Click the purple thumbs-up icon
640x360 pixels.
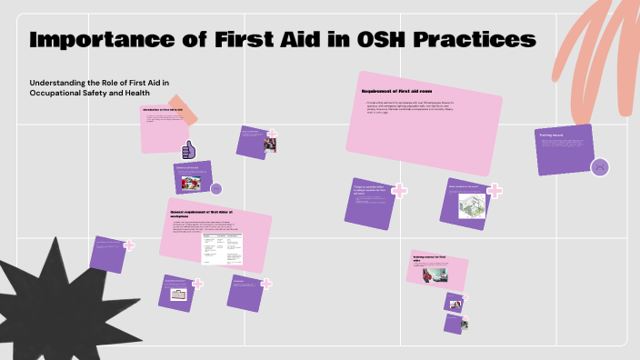tap(190, 149)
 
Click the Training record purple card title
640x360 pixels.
tap(553, 135)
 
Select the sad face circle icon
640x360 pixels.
tap(599, 167)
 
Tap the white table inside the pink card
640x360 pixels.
tap(223, 247)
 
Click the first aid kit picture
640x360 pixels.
tap(177, 295)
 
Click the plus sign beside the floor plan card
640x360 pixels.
tap(495, 191)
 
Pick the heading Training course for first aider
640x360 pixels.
tap(431, 257)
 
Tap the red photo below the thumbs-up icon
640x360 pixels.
tap(191, 183)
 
